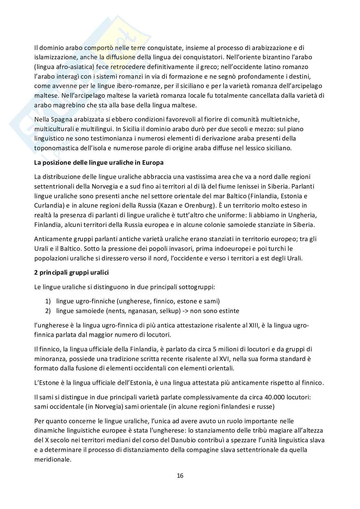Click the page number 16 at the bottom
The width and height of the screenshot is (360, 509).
pyautogui.click(x=180, y=476)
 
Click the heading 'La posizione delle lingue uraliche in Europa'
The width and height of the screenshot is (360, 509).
pyautogui.click(x=99, y=162)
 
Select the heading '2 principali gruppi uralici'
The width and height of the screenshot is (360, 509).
pyautogui.click(x=71, y=272)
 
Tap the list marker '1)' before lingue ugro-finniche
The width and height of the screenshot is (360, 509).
pyautogui.click(x=48, y=301)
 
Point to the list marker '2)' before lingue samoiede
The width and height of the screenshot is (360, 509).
pyautogui.click(x=48, y=311)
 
